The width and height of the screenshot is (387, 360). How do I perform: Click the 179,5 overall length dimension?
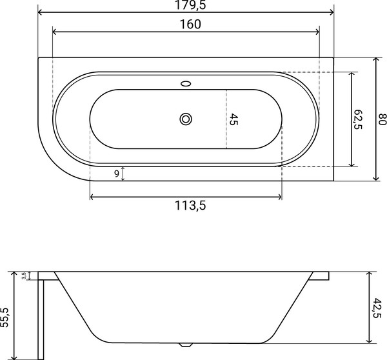190,5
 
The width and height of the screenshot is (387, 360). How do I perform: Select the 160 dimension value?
190,25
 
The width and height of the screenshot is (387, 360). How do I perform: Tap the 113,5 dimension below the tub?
190,205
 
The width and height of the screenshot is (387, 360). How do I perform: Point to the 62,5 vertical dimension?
358,119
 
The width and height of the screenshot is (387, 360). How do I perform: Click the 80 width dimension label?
382,119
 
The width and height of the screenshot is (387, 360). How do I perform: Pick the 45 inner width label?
233,119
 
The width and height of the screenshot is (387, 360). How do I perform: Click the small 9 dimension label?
117,174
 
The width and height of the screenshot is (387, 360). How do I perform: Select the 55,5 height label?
5,317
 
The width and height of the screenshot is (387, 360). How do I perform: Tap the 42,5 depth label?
377,308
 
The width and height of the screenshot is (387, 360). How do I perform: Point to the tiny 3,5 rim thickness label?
24,275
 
